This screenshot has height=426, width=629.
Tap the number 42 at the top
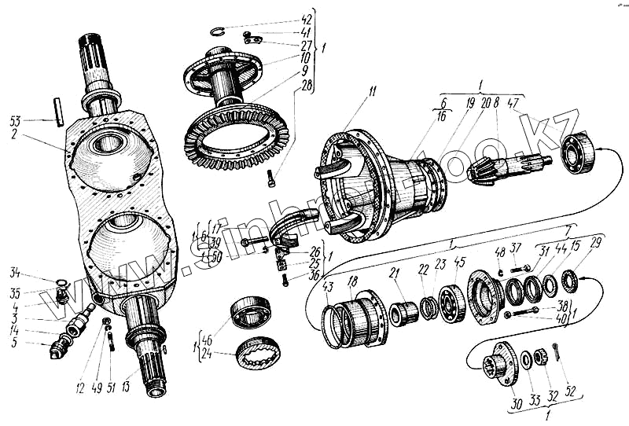click(x=307, y=18)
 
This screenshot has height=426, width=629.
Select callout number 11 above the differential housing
click(x=371, y=92)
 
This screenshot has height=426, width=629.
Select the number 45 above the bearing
click(x=460, y=263)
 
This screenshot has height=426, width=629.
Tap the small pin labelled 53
click(x=59, y=109)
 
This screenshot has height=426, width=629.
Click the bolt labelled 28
click(x=271, y=177)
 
